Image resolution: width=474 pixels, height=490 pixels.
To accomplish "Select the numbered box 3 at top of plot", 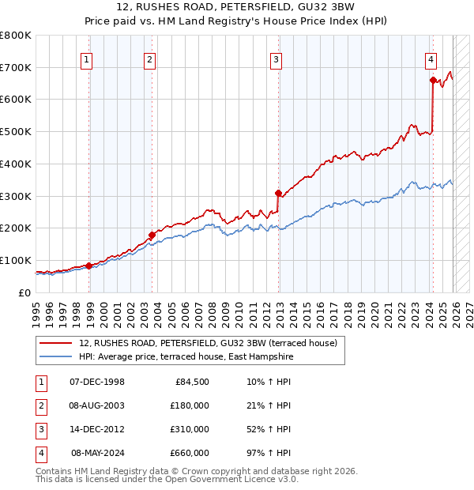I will [276, 58].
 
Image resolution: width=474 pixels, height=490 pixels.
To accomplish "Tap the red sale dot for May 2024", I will [433, 80].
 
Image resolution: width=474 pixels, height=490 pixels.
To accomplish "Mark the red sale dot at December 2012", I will [278, 193].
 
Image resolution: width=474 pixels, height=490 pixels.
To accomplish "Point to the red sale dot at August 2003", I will [152, 235].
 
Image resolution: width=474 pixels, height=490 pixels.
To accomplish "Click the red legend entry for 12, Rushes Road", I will [208, 343].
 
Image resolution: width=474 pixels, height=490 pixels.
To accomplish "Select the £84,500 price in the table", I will [190, 383].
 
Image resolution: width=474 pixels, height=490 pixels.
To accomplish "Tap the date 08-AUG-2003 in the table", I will [97, 405].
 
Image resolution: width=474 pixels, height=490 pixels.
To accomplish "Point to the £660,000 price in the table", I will [190, 453].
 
